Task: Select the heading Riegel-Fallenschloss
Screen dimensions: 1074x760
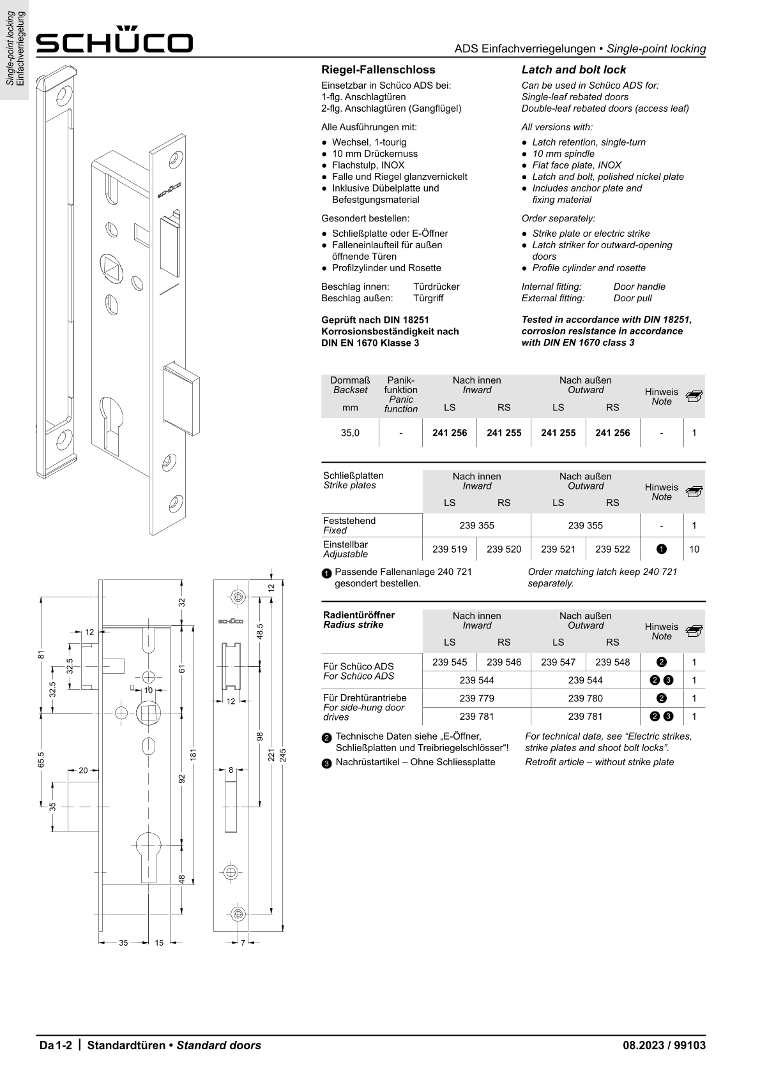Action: (378, 70)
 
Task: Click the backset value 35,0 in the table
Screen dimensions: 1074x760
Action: (350, 433)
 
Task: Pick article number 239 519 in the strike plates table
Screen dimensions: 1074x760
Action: (450, 549)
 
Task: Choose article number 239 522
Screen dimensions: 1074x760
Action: (612, 549)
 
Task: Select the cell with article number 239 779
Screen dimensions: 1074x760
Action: (476, 698)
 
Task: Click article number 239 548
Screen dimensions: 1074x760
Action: (612, 662)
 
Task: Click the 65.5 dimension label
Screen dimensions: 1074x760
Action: (41, 759)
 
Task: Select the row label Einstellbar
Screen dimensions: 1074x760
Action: (346, 544)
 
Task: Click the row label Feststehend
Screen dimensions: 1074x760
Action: (349, 521)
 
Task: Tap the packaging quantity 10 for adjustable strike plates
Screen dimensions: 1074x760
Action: (694, 549)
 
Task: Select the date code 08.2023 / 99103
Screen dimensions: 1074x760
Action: (664, 1045)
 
